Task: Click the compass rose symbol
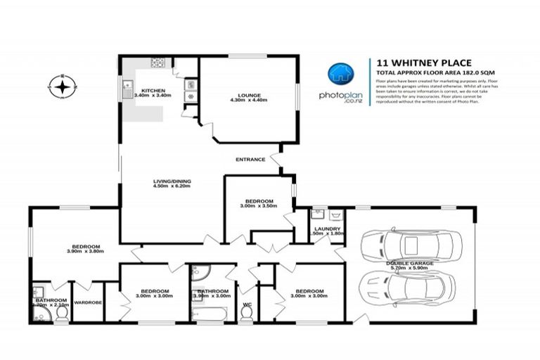click(63, 87)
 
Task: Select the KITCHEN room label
click(153, 91)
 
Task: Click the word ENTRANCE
click(251, 159)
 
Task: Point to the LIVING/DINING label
click(172, 181)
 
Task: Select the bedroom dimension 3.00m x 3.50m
click(259, 206)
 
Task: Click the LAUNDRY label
click(328, 229)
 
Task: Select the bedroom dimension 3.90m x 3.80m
click(84, 250)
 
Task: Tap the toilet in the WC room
click(246, 314)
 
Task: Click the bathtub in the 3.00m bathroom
click(211, 316)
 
